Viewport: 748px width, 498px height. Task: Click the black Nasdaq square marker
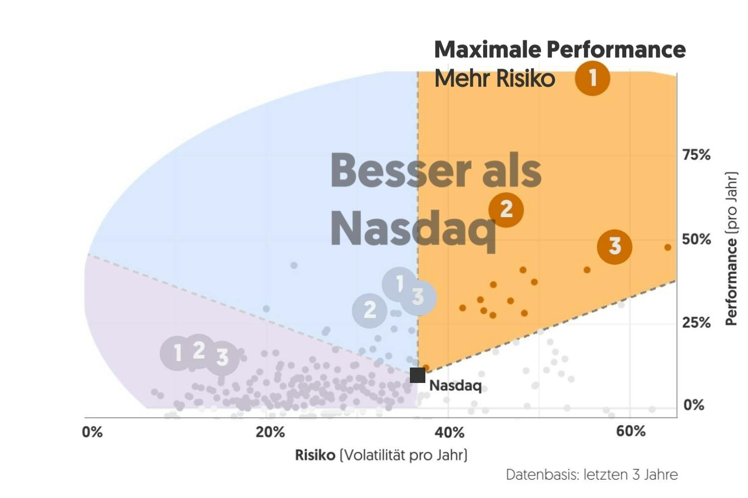[417, 375]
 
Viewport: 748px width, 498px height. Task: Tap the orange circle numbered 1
[592, 78]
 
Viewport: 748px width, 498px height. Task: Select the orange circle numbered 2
[506, 209]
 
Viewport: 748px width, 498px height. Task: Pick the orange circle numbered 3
[615, 246]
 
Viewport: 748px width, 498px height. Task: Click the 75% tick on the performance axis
[696, 155]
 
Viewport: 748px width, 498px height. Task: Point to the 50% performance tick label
[696, 239]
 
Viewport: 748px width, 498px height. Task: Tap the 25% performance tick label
[696, 323]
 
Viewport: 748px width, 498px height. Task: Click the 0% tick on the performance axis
[694, 405]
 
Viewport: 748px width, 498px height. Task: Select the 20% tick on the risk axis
[270, 432]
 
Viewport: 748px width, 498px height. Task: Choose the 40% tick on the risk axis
[449, 432]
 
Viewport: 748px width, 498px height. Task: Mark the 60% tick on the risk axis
[631, 431]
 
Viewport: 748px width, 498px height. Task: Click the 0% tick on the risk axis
[92, 432]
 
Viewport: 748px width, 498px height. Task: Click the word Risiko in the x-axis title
[315, 455]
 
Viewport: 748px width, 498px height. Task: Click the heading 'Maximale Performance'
[560, 49]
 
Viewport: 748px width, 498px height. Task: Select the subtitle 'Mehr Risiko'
[494, 79]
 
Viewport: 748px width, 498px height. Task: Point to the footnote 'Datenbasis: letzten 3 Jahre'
[591, 475]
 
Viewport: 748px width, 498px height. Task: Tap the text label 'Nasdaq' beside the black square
[455, 386]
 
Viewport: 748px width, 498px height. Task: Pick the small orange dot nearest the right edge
[668, 248]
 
